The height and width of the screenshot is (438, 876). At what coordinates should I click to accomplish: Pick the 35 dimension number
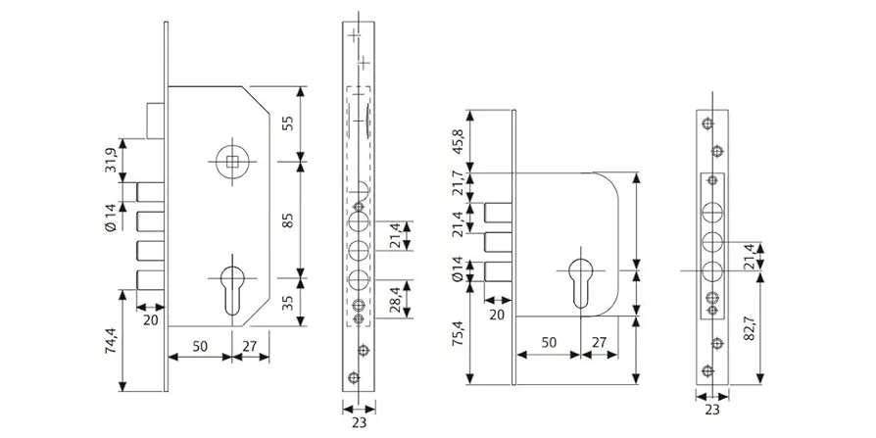(288, 302)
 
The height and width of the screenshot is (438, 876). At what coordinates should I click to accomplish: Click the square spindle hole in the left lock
(232, 161)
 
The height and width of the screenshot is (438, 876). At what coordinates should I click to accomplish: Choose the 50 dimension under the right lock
(548, 342)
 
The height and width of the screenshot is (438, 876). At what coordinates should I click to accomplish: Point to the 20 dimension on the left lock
(150, 318)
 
